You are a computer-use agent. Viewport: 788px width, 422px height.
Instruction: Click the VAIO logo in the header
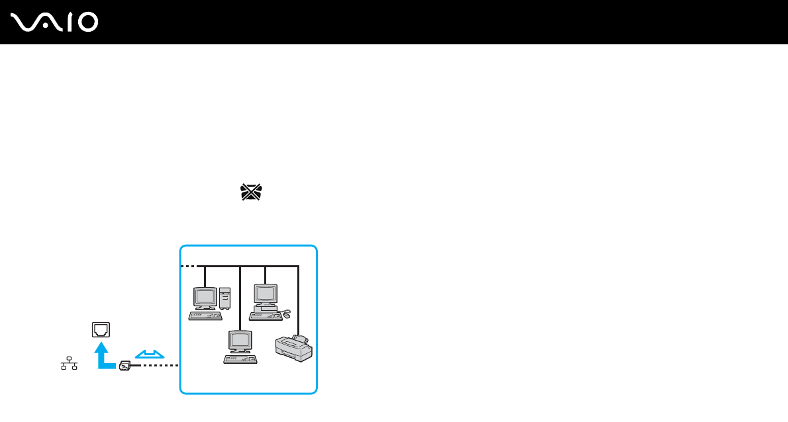(x=55, y=22)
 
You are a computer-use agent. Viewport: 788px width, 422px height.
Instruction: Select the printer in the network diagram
(x=293, y=348)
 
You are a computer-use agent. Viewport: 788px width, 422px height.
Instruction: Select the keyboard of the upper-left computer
(x=205, y=316)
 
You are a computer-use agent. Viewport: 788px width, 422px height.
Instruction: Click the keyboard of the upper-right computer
(x=266, y=316)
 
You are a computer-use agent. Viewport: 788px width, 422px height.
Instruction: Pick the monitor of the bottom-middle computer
(x=239, y=341)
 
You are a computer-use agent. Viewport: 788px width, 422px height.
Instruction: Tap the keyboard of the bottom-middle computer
(x=240, y=359)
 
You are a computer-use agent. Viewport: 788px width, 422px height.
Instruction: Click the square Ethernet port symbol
(x=101, y=329)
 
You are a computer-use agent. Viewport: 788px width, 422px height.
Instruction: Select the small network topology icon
(x=69, y=363)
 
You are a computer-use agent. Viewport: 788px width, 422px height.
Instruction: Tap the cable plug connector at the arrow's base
(x=124, y=365)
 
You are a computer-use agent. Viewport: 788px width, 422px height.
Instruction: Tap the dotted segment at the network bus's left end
(x=189, y=266)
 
